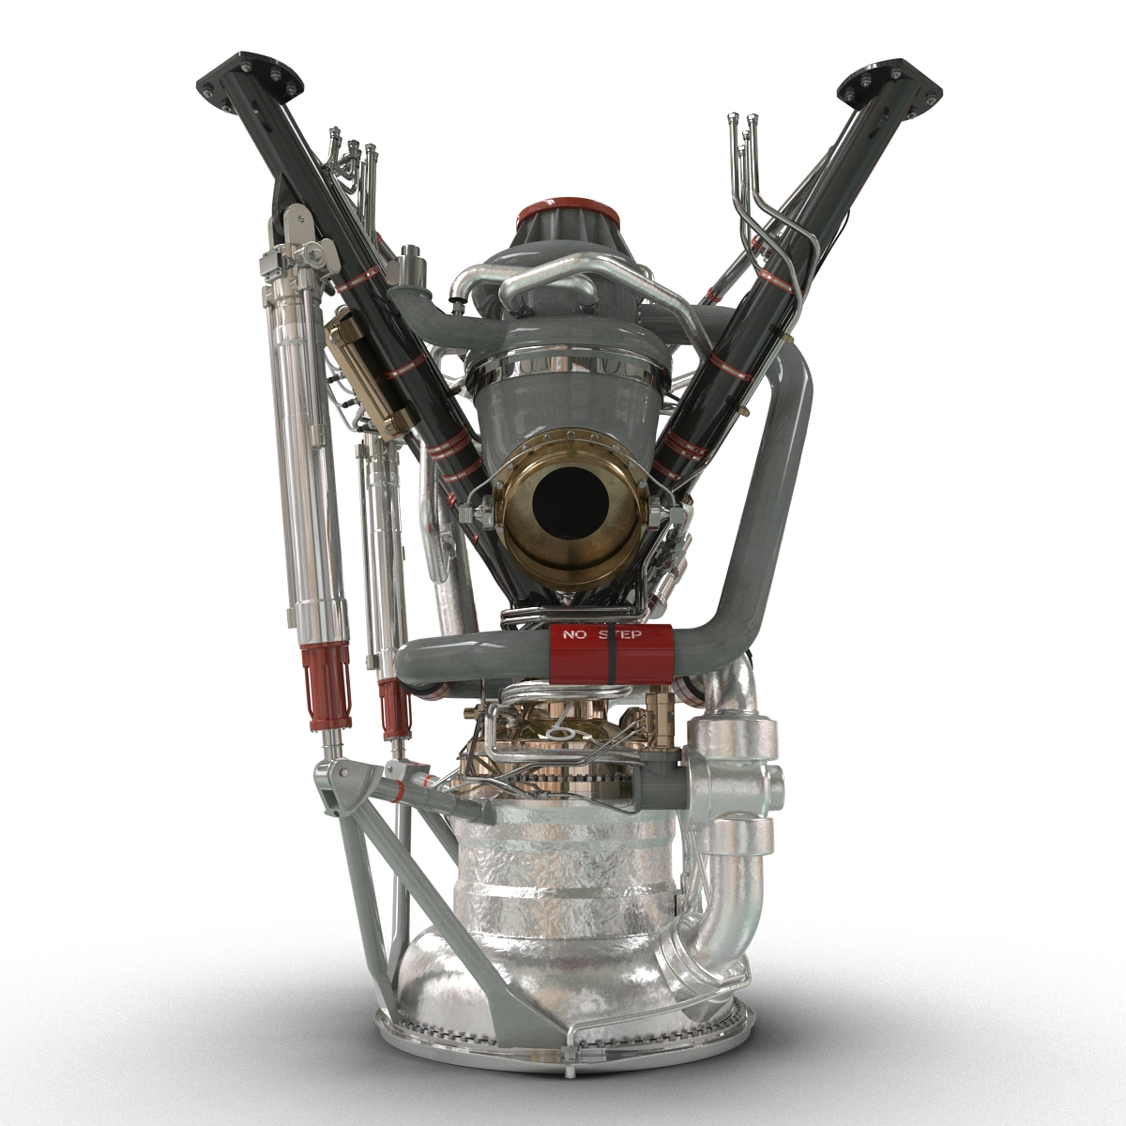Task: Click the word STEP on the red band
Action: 623,635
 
